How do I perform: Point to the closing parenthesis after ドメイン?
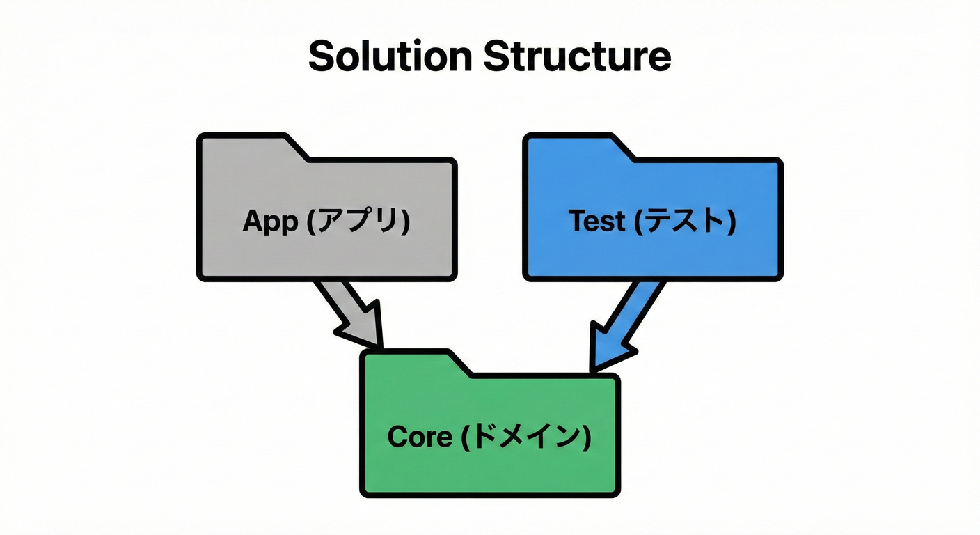click(x=586, y=437)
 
